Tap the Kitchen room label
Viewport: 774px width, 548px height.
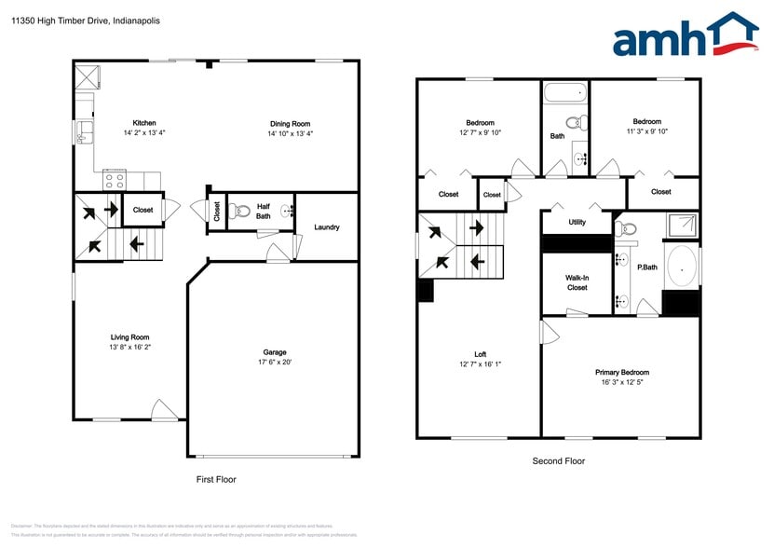[x=143, y=123]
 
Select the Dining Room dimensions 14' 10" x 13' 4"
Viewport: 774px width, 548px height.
[x=290, y=133]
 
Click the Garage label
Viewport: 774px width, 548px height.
[x=274, y=352]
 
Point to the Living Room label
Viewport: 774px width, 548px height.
[x=129, y=337]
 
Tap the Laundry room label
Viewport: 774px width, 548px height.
[x=326, y=227]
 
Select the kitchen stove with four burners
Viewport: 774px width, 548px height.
[x=115, y=180]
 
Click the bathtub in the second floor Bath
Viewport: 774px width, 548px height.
[x=564, y=92]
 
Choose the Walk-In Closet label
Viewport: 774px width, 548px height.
[x=577, y=282]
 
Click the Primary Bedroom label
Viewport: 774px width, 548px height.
[x=622, y=373]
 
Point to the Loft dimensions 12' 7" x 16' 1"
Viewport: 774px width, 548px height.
[x=480, y=364]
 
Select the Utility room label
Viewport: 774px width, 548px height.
[x=577, y=223]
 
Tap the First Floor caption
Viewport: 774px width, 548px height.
[x=216, y=479]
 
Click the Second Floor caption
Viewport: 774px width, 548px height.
[x=558, y=460]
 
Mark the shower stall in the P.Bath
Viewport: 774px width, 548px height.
[x=682, y=225]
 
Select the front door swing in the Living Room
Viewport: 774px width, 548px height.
[x=162, y=410]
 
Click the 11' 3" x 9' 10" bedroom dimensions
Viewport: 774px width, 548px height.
[x=646, y=131]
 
